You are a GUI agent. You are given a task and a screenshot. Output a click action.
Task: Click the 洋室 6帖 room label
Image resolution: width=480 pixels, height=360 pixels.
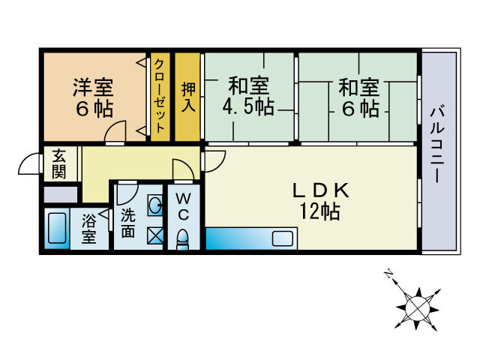coord(93,97)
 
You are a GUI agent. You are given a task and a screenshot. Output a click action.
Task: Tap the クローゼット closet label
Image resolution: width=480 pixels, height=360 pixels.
coord(160,96)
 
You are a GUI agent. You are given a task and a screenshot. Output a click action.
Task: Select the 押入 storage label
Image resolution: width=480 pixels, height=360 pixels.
coord(188,96)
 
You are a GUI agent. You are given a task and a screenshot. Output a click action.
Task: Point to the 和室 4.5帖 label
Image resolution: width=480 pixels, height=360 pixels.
coord(247,96)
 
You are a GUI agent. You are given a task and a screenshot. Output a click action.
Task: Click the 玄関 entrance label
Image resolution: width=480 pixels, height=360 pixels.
coord(58,163)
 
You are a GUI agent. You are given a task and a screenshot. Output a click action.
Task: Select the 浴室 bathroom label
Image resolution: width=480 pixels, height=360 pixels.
coord(88,229)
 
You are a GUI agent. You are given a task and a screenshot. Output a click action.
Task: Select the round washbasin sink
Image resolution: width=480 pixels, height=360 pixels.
coord(154,205)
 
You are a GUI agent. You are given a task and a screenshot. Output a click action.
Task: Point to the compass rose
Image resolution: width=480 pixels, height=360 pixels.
coord(417,305)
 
